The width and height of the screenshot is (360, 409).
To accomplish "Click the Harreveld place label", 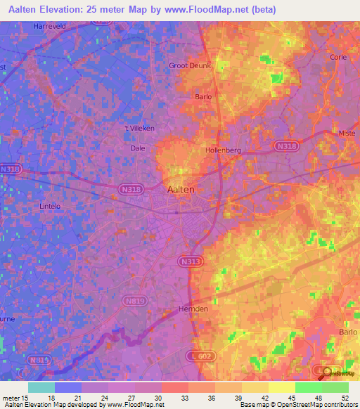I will (x=49, y=26).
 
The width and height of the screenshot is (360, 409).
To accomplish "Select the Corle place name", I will (x=338, y=58).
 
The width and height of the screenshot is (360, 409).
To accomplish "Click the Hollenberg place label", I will (x=223, y=150).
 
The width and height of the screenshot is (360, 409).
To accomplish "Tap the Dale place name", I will (x=138, y=148).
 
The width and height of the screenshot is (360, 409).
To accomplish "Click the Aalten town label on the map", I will (x=181, y=189).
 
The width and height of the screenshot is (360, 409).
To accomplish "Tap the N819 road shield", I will (x=135, y=301).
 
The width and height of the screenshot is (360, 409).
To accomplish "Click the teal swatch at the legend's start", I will (x=41, y=387).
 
